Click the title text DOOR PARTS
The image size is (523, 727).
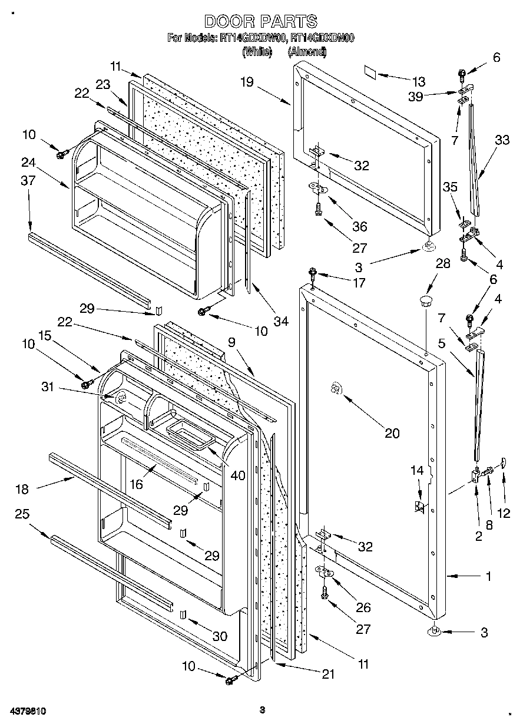pyautogui.click(x=260, y=22)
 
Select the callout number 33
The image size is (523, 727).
pyautogui.click(x=502, y=140)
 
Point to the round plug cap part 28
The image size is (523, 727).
pyautogui.click(x=425, y=302)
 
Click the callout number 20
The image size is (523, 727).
pyautogui.click(x=392, y=434)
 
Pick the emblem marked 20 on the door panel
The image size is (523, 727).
pyautogui.click(x=335, y=388)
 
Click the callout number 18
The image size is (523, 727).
pyautogui.click(x=22, y=488)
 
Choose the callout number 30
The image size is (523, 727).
pyautogui.click(x=219, y=636)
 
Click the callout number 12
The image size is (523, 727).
pyautogui.click(x=504, y=513)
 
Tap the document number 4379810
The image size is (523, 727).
pyautogui.click(x=28, y=711)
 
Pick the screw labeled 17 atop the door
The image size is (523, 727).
pyautogui.click(x=312, y=273)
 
